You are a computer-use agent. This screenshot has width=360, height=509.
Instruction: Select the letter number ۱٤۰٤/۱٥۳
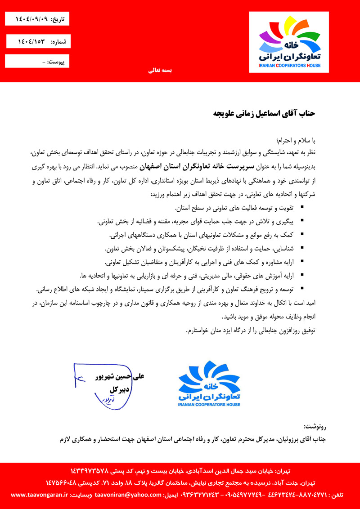[x=32, y=41]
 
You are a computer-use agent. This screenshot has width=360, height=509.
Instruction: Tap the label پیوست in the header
[x=57, y=61]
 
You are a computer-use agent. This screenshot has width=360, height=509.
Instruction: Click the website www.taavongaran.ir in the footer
[x=39, y=495]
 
